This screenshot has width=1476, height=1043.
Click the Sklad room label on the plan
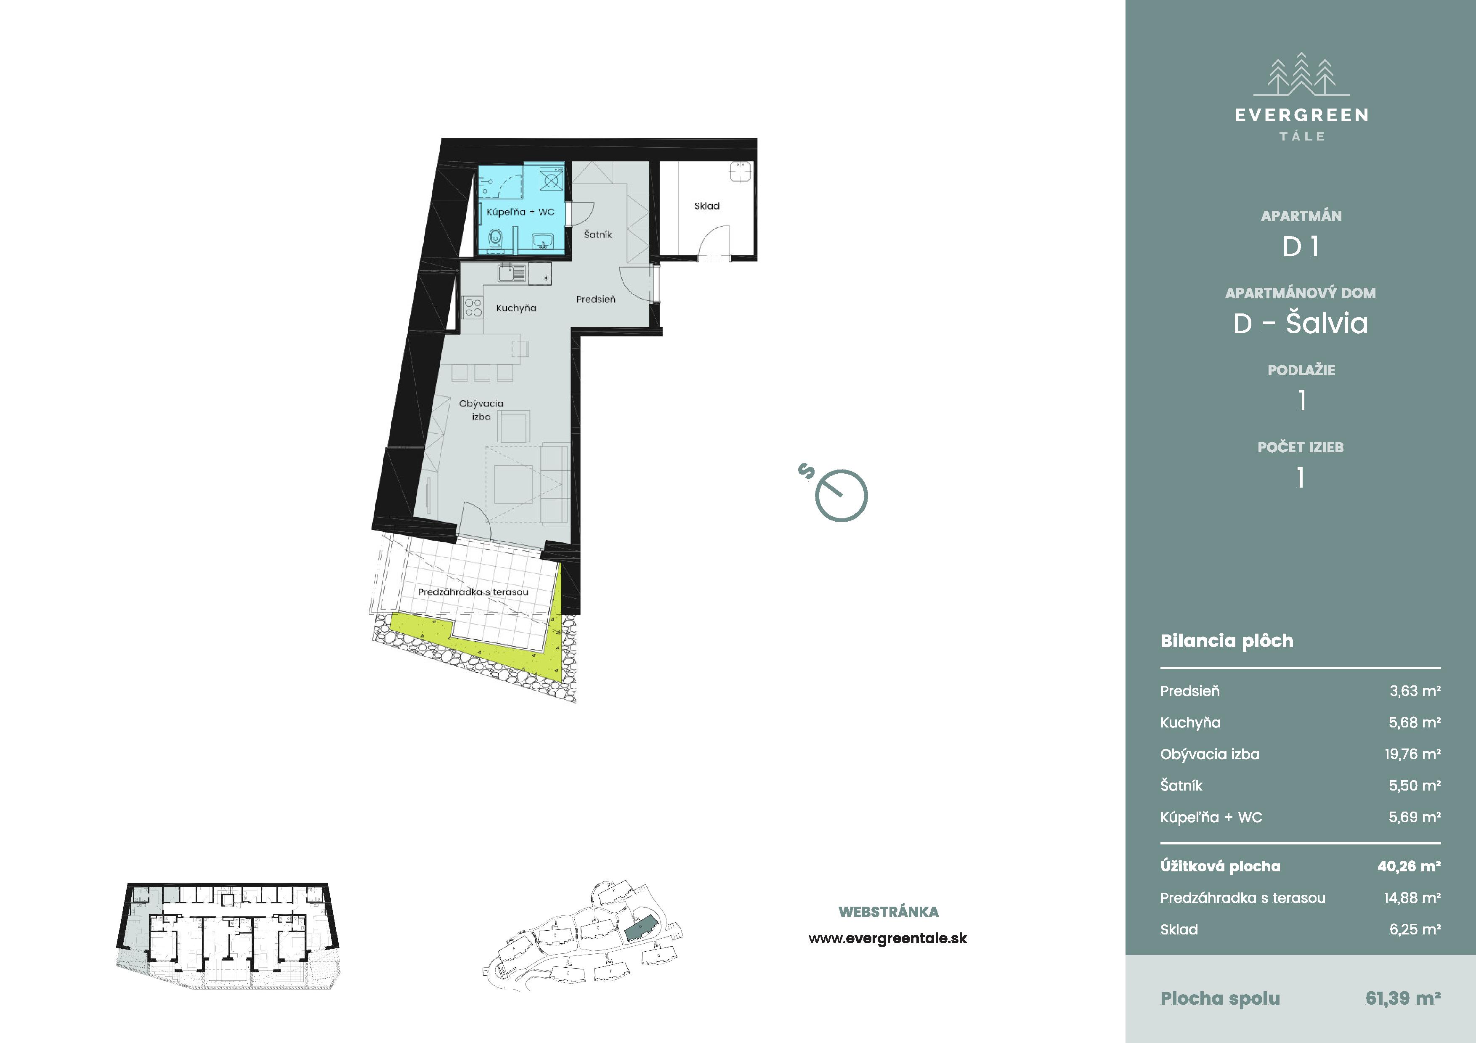coord(706,206)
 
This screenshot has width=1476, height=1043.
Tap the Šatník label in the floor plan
coord(598,235)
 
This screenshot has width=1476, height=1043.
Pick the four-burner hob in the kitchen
coord(473,307)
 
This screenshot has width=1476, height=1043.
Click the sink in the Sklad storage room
coord(741,172)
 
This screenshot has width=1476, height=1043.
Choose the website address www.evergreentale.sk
coord(888,939)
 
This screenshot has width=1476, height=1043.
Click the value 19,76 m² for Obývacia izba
coord(1412,754)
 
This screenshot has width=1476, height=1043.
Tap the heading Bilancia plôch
coord(1226,641)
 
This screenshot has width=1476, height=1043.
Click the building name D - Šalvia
coord(1301,323)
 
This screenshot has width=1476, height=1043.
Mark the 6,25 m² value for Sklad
coord(1415,929)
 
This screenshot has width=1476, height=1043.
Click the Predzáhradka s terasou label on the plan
coord(473,592)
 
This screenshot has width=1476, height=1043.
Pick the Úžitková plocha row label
coord(1220,866)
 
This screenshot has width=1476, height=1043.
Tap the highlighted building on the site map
coord(640,927)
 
